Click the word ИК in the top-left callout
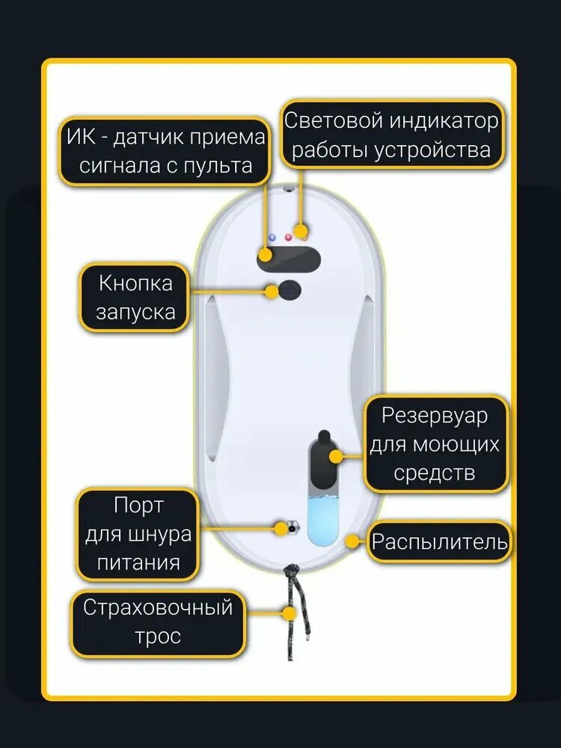pyautogui.click(x=80, y=138)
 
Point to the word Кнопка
pyautogui.click(x=135, y=283)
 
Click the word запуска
pyautogui.click(x=135, y=311)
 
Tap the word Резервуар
pyautogui.click(x=434, y=415)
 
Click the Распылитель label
pyautogui.click(x=440, y=542)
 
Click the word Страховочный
pyautogui.click(x=158, y=607)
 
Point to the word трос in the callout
pyautogui.click(x=158, y=637)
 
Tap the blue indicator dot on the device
pyautogui.click(x=272, y=237)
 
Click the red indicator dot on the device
pyautogui.click(x=288, y=237)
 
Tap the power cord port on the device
pyautogui.click(x=286, y=528)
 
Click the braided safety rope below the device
pyautogui.click(x=293, y=613)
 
